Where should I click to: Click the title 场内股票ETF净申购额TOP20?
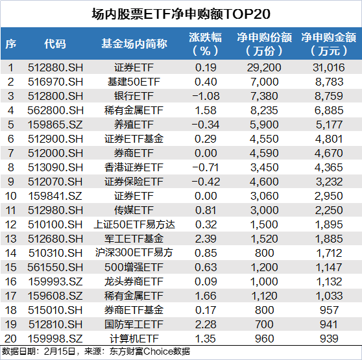click(181, 14)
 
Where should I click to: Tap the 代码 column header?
click(55, 43)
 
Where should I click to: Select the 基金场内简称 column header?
click(134, 43)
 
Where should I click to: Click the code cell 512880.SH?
click(55, 67)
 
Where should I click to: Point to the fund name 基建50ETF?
click(134, 82)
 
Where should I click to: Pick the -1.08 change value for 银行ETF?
click(206, 96)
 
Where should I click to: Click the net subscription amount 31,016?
click(329, 67)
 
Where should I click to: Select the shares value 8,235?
click(264, 110)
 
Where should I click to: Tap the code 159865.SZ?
click(55, 125)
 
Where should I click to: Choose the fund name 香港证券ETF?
click(134, 167)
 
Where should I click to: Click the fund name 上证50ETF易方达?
click(134, 224)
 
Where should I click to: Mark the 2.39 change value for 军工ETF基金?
click(206, 239)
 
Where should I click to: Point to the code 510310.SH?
click(55, 253)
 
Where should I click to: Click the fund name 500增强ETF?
click(134, 267)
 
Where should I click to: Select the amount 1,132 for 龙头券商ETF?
click(329, 282)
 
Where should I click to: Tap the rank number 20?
click(10, 339)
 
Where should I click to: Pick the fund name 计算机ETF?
click(134, 339)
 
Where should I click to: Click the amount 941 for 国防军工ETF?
click(329, 324)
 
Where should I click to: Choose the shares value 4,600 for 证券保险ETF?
click(264, 182)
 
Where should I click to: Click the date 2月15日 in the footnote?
click(60, 352)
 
